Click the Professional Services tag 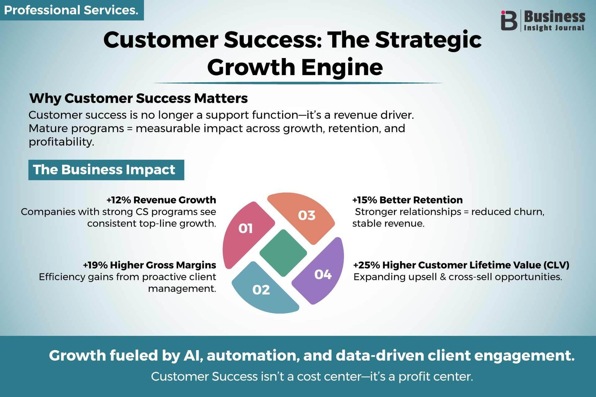point(72,10)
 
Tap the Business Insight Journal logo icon point(509,20)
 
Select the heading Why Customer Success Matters point(138,98)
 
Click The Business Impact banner point(106,170)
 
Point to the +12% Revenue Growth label point(161,200)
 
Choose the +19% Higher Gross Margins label point(149,265)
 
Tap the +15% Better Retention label point(408,200)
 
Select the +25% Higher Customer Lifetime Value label point(461,265)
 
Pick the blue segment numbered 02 point(263,289)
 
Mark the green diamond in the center point(283,253)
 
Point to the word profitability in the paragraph point(61,142)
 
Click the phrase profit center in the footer point(436,377)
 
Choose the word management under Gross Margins point(182,289)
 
